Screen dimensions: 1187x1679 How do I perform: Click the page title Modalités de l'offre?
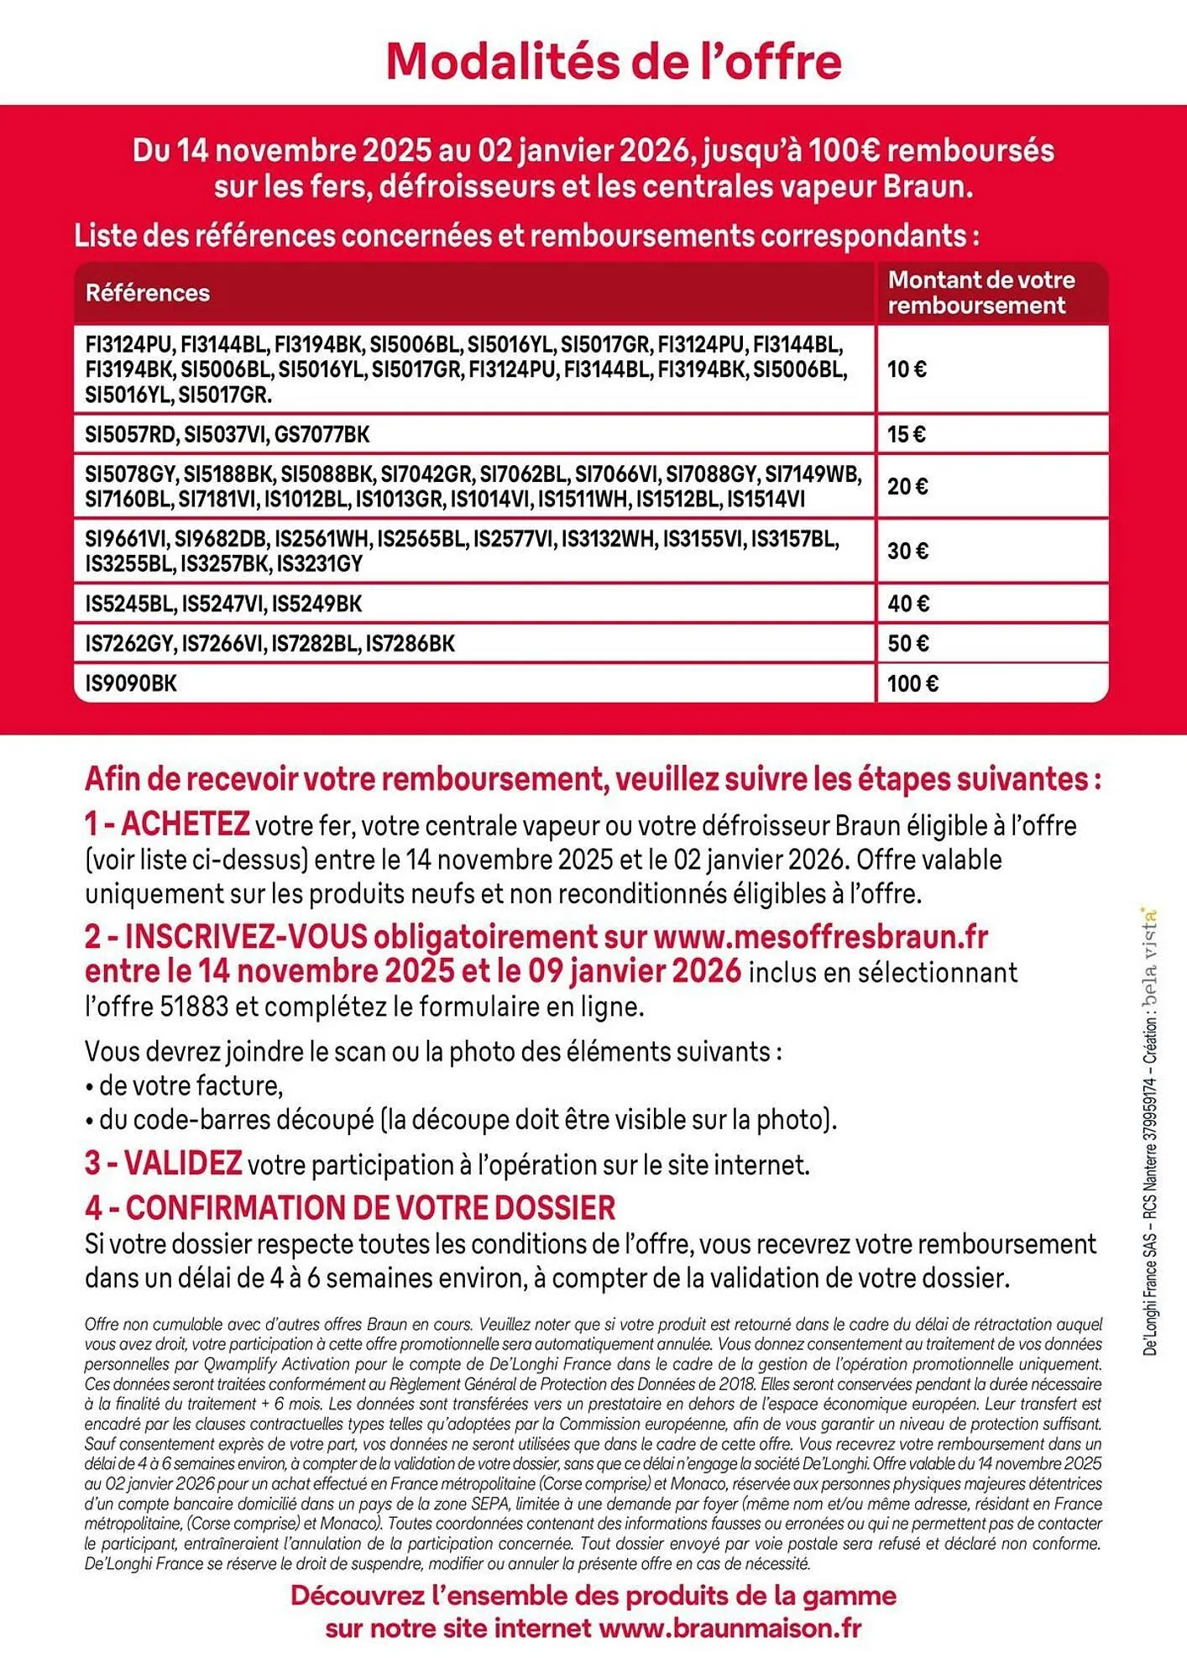(614, 62)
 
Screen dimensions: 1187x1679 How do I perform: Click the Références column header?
(148, 293)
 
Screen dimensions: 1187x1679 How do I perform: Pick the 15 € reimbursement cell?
(907, 435)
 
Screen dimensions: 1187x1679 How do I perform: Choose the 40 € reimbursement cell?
(907, 604)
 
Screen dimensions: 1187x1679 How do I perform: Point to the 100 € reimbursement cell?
(912, 683)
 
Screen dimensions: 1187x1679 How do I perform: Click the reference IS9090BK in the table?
(131, 683)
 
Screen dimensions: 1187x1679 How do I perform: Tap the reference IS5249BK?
(316, 604)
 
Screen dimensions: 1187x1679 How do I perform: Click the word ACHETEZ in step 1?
(186, 824)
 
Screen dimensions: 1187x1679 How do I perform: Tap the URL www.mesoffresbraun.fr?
(820, 936)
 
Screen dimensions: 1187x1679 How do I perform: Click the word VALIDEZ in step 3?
(183, 1164)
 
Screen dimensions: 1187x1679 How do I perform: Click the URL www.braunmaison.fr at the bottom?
(730, 1629)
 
